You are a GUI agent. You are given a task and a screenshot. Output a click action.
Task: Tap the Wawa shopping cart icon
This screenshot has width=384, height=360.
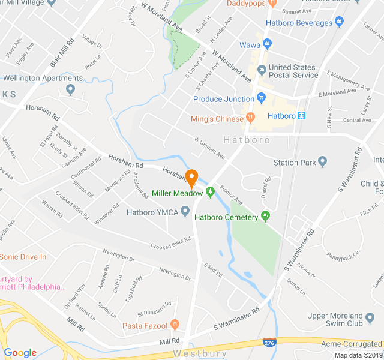(268, 44)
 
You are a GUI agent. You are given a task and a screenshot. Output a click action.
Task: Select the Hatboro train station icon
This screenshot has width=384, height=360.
(302, 115)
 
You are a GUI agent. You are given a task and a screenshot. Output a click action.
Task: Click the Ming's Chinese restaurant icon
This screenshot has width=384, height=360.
(251, 118)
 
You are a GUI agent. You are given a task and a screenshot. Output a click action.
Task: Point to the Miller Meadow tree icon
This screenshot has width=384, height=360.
(210, 193)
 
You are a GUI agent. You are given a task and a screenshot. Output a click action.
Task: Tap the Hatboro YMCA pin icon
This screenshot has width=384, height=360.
(185, 211)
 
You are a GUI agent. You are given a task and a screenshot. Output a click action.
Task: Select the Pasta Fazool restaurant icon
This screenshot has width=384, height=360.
(175, 325)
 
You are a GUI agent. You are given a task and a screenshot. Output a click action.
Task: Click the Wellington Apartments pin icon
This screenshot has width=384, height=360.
(71, 90)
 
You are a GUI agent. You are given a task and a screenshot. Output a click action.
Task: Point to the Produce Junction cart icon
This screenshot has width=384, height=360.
(261, 98)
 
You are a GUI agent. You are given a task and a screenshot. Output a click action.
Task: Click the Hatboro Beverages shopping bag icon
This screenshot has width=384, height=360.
(340, 23)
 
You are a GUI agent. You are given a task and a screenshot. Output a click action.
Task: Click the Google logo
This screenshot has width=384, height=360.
(20, 353)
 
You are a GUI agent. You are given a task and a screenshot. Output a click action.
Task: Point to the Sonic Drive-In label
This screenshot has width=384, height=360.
(23, 257)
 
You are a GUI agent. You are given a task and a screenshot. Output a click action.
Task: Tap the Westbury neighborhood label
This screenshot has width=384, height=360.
(200, 353)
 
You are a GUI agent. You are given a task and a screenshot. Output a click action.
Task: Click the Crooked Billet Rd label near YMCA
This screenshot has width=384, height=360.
(170, 243)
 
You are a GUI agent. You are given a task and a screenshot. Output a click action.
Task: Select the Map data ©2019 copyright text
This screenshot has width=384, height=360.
(357, 355)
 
